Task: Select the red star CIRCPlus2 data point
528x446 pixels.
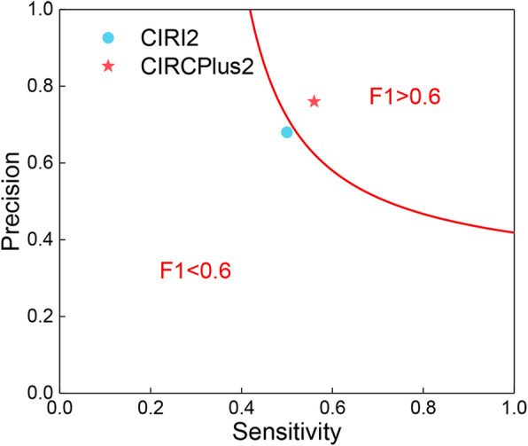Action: (x=314, y=101)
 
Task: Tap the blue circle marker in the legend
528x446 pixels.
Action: (x=108, y=37)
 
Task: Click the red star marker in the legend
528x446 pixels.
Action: (x=108, y=67)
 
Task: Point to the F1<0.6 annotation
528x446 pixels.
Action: (x=195, y=271)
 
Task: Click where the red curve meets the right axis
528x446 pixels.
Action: (x=514, y=232)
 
